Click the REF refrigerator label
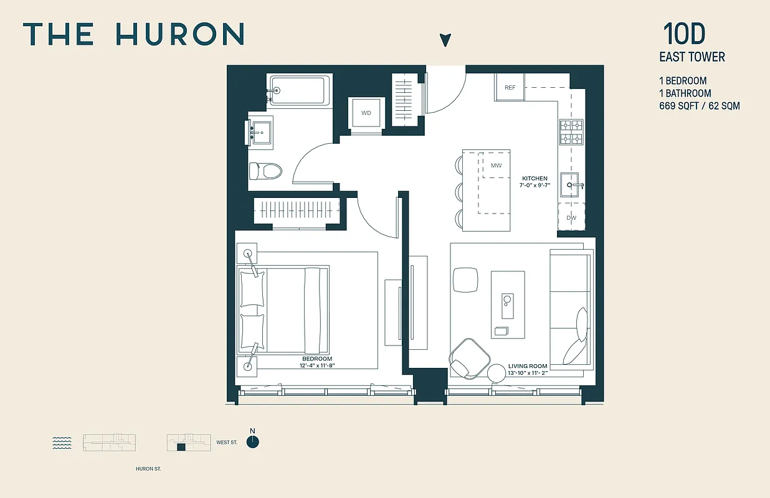(510, 88)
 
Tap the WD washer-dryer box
(366, 113)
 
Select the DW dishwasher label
(571, 218)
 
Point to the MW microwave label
(497, 166)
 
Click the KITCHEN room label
(535, 179)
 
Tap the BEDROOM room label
(317, 359)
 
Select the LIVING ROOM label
(527, 367)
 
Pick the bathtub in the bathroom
(298, 91)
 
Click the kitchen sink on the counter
(571, 185)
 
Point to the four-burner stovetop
(571, 132)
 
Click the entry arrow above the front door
(445, 40)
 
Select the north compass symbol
(252, 442)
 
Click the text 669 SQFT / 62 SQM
(700, 106)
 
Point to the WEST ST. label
(227, 443)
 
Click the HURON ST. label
(148, 469)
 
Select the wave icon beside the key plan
(62, 443)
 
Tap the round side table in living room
(498, 374)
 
